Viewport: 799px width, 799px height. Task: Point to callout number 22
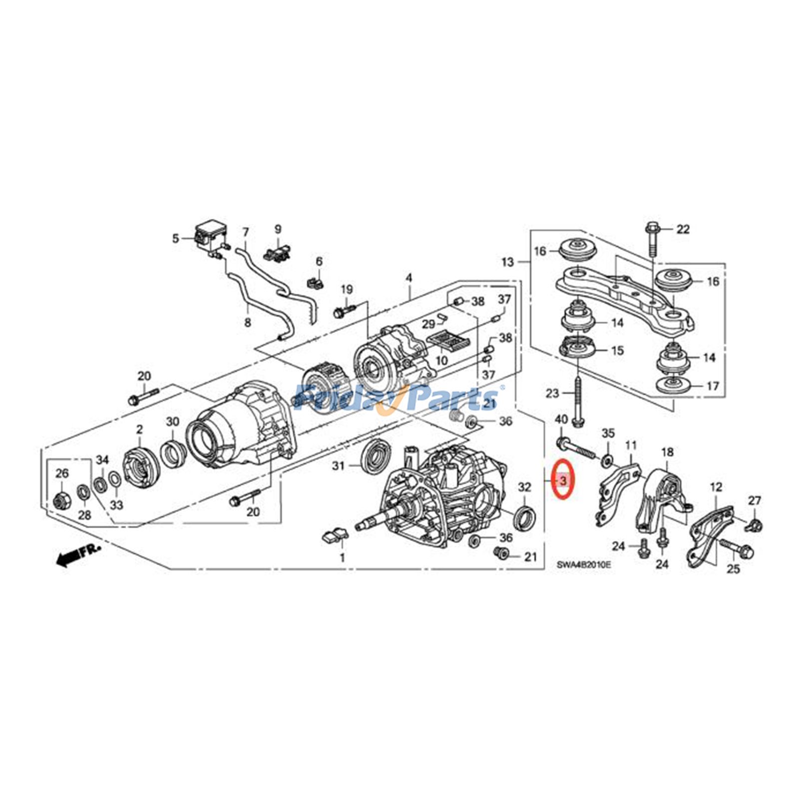pyautogui.click(x=683, y=229)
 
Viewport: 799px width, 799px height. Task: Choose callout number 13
pyautogui.click(x=507, y=262)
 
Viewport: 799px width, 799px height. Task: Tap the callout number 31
pyautogui.click(x=339, y=466)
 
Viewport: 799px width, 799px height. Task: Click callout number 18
pyautogui.click(x=667, y=452)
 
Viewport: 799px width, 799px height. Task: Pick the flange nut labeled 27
pyautogui.click(x=755, y=524)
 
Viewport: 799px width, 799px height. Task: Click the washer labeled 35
pyautogui.click(x=607, y=460)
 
